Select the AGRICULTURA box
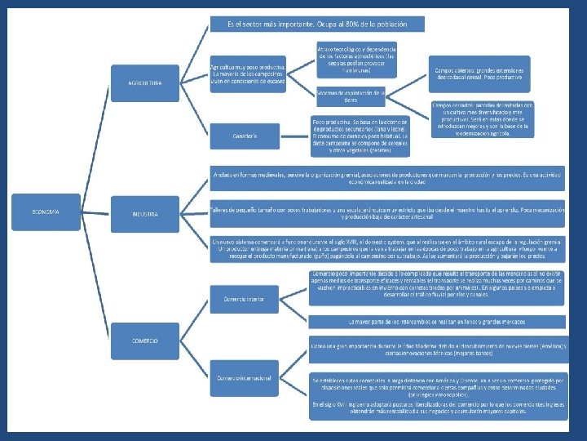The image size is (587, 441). [144, 83]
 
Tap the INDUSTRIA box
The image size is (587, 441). [145, 214]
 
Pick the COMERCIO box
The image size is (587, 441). [144, 340]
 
